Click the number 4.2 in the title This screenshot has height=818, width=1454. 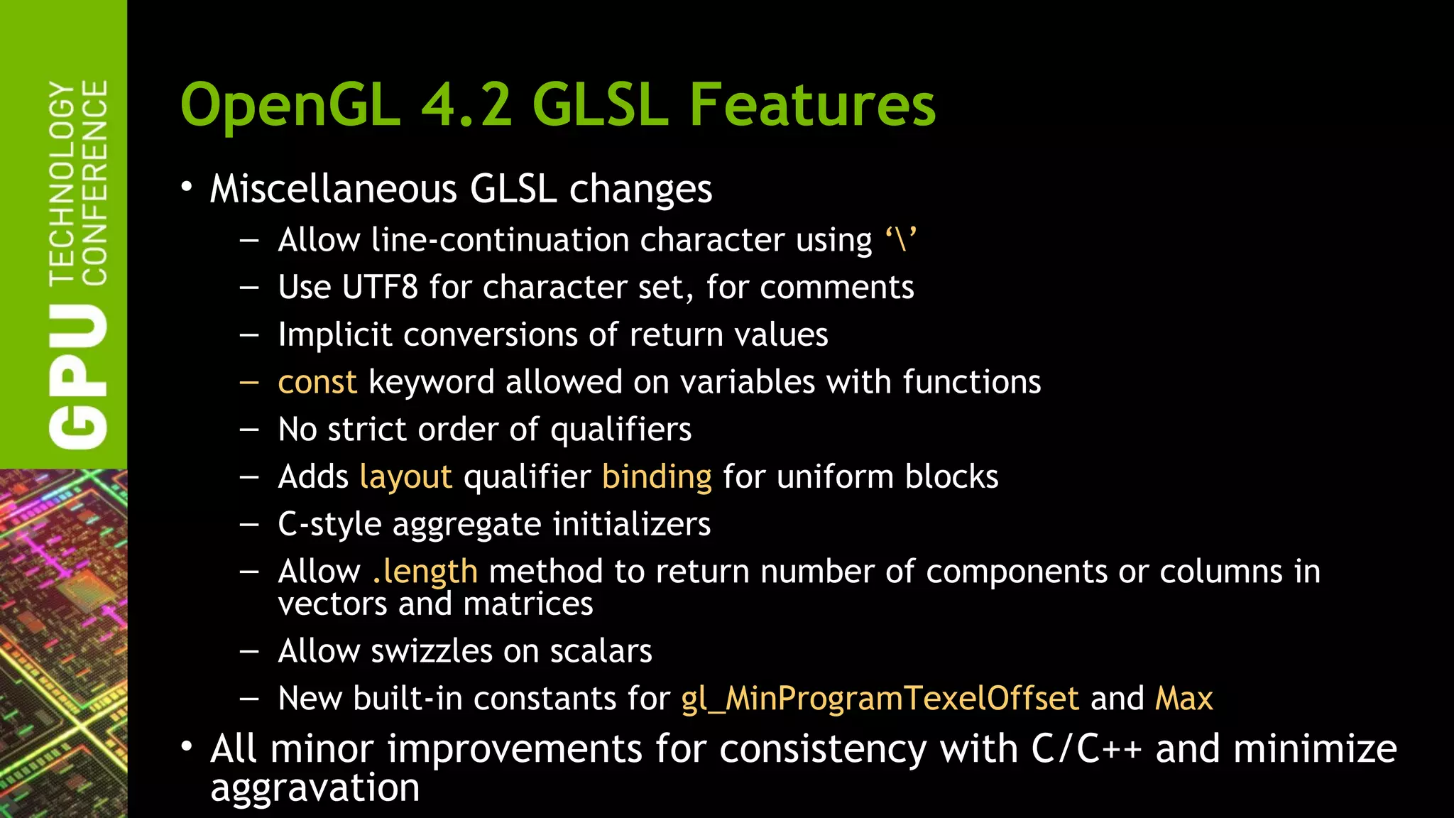tap(466, 104)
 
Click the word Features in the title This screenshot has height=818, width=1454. tap(812, 104)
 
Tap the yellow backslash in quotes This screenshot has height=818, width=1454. tap(901, 239)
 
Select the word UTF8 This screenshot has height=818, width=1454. tap(380, 288)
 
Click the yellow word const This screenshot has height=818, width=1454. tap(317, 382)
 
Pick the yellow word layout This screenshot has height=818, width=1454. tap(406, 477)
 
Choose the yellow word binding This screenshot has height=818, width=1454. tap(657, 477)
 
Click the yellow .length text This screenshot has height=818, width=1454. tap(425, 572)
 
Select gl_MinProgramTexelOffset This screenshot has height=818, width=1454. tap(880, 699)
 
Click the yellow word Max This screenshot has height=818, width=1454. tap(1184, 699)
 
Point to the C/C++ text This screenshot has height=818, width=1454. tap(1086, 750)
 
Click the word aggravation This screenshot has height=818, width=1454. tap(315, 788)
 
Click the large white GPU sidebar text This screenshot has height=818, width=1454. tap(78, 376)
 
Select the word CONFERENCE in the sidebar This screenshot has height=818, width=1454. tap(94, 182)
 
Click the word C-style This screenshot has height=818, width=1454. tap(329, 525)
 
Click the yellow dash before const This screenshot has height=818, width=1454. tap(249, 382)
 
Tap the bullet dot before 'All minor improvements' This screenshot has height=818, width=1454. tap(187, 747)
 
